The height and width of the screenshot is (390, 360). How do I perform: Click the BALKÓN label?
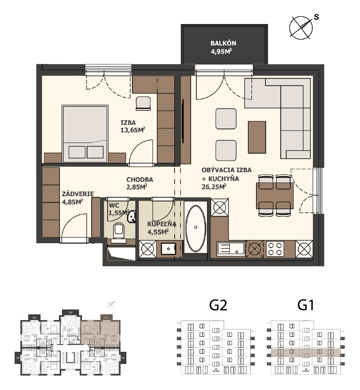[223, 43]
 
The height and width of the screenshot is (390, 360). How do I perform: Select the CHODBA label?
[140, 180]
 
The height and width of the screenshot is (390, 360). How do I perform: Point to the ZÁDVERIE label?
[78, 194]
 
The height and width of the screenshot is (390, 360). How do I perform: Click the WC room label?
[114, 206]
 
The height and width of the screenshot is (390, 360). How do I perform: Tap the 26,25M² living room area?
[214, 187]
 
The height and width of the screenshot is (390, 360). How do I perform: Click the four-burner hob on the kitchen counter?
[275, 249]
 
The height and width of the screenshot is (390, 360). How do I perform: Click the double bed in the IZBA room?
[85, 134]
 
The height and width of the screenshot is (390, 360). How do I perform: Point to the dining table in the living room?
[274, 196]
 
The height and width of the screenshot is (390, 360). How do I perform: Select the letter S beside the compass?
[316, 17]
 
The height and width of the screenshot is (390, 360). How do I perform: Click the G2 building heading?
[218, 305]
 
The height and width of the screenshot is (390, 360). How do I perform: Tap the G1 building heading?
[306, 305]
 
